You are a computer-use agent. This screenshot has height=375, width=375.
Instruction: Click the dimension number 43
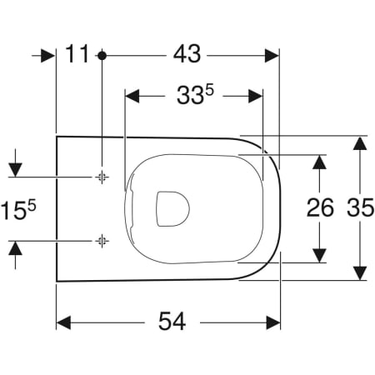pos(187,54)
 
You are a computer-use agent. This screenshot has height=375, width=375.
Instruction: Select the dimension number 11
pos(77,53)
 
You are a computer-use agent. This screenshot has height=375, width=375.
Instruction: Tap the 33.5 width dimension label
pos(195,95)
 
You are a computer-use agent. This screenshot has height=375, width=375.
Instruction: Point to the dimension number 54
pos(172,321)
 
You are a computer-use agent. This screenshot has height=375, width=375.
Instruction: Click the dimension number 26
pos(320,207)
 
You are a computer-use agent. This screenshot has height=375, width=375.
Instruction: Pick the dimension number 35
pos(361,207)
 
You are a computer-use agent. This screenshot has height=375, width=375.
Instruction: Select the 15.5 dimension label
pos(18,209)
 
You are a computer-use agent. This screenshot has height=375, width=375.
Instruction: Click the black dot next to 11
pos(102,56)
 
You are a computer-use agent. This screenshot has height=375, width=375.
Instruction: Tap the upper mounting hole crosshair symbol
pos(102,177)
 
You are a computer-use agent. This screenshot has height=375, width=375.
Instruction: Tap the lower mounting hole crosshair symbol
pos(102,241)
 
